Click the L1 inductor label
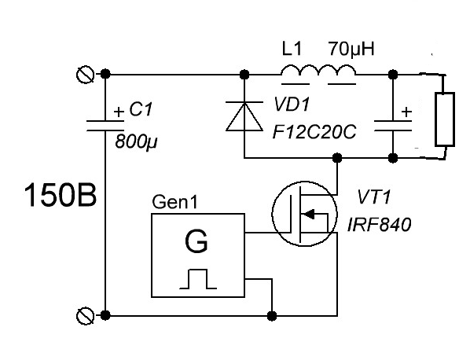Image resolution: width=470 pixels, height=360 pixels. tap(292, 49)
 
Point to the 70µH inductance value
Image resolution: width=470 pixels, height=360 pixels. tap(351, 50)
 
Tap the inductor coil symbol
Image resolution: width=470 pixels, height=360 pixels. tap(318, 70)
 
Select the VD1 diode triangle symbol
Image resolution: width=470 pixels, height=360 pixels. tap(244, 116)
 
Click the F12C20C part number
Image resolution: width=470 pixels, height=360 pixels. tap(314, 132)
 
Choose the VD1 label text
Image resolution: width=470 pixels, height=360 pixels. tap(292, 105)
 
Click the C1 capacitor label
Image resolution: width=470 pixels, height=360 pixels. tap(141, 109)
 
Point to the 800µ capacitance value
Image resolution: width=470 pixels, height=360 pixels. tap(137, 141)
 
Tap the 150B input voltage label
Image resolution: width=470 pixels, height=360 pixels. tap(61, 195)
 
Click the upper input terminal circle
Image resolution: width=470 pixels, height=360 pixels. tap(86, 75)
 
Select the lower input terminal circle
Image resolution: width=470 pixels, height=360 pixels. tap(86, 316)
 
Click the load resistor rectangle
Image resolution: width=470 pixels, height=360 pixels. tap(445, 119)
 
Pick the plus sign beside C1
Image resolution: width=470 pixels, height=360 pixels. tap(119, 112)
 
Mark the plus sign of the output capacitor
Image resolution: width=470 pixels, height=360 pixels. tap(406, 112)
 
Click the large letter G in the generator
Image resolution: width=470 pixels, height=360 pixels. tap(196, 241)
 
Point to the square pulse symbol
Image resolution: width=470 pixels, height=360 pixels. tap(198, 279)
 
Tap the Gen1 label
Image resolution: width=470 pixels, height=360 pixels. tap(175, 202)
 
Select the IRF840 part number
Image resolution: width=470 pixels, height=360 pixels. tap(379, 225)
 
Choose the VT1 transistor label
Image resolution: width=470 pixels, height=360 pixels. tap(375, 197)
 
